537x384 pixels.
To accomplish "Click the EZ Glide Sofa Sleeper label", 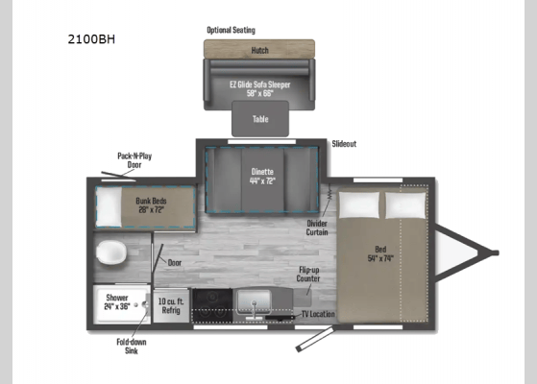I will [x=258, y=86].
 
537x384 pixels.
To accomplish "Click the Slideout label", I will [x=344, y=144].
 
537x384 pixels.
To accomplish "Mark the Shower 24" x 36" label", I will [x=118, y=302].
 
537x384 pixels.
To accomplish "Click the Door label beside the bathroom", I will [x=174, y=262].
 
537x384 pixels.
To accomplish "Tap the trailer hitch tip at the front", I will [x=494, y=253].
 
